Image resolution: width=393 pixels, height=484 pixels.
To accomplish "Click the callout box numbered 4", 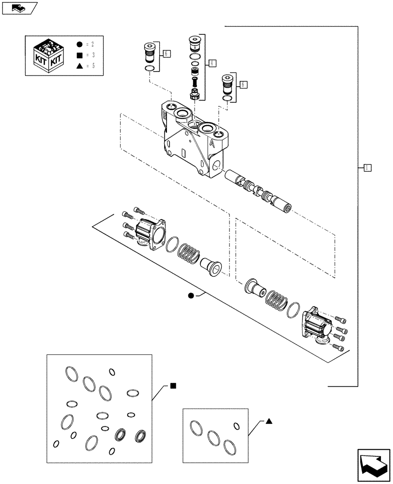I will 212,62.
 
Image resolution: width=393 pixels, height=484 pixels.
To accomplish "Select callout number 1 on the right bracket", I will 367,167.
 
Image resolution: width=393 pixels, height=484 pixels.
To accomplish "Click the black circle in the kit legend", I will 79,44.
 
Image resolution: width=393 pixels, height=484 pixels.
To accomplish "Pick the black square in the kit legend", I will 79,55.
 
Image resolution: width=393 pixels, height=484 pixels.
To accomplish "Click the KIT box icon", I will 46,54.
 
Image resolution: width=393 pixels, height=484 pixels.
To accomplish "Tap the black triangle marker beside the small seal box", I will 269,421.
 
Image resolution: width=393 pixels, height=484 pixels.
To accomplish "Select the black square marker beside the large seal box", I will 173,386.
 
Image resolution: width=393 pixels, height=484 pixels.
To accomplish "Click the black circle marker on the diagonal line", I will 191,296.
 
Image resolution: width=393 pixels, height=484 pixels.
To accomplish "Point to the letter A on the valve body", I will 212,143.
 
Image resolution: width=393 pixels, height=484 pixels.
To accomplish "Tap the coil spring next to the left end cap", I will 189,254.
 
